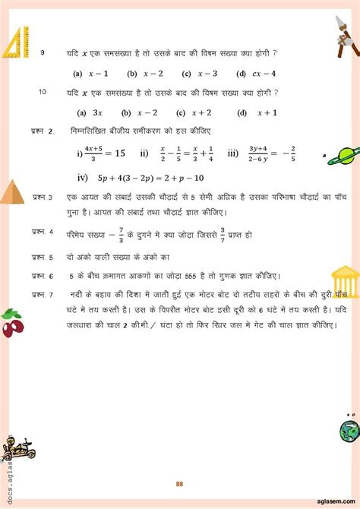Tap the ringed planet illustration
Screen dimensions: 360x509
coord(339,153)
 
